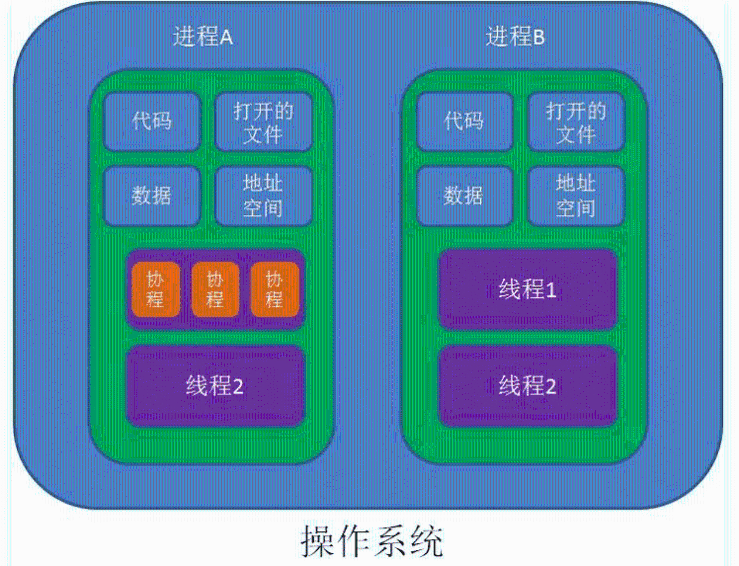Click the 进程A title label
coord(203,37)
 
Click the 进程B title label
coord(515,37)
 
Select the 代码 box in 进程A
coord(152,122)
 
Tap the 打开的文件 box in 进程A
coord(263,122)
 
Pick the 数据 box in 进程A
coord(152,196)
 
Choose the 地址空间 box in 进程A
coord(263,196)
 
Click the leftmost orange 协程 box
coord(156,289)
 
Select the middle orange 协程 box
coord(215,289)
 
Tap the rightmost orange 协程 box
coord(275,289)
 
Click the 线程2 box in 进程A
coord(215,386)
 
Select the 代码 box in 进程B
coord(464,122)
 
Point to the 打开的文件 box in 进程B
coord(576,122)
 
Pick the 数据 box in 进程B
coord(464,196)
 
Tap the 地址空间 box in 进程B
coord(576,196)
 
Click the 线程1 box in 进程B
coord(528,289)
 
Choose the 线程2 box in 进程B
coord(528,386)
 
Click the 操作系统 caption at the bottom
coord(372,541)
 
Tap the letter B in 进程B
coord(539,37)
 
